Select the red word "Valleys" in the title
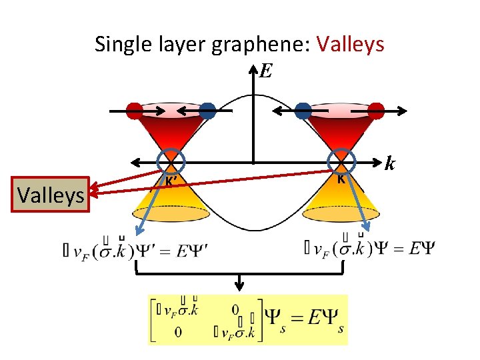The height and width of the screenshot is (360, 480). pos(351,44)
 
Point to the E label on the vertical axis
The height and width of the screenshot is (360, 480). pos(265,71)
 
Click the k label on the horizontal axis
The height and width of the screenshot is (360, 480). pos(391,163)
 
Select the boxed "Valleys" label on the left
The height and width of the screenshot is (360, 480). pos(51,195)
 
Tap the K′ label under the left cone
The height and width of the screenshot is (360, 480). pos(171,181)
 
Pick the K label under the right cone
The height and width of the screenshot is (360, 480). pos(340,179)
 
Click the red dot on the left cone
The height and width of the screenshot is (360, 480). pos(135,111)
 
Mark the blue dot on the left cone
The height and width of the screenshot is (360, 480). pos(207,111)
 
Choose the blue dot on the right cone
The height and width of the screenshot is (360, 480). pos(303,111)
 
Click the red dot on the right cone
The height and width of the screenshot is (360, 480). pos(376,111)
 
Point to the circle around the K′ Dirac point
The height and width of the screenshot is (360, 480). pos(171,161)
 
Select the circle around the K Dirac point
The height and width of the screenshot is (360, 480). pos(341,161)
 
